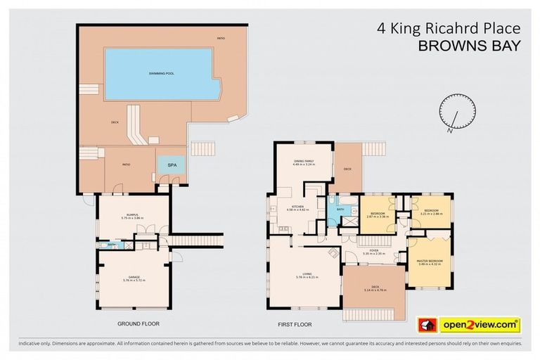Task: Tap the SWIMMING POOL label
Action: point(157,73)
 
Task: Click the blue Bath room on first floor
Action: point(342,209)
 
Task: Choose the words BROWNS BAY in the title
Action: point(470,46)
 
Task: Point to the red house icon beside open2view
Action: point(425,324)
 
